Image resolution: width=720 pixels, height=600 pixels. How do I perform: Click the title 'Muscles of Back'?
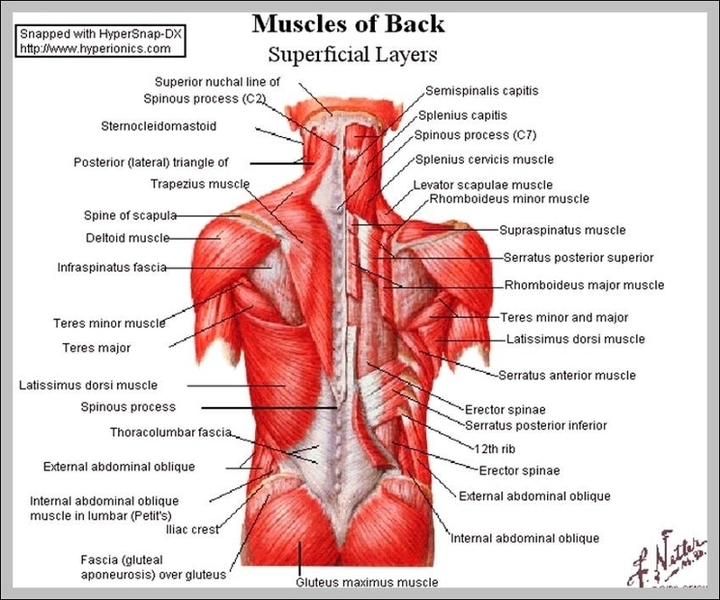point(348,23)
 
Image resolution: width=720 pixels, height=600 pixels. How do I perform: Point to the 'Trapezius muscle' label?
point(199,184)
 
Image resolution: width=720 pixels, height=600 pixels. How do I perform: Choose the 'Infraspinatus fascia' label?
point(111,268)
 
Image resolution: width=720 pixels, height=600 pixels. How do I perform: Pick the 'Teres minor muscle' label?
point(108,323)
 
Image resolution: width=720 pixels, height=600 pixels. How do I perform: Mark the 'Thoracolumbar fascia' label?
point(171,432)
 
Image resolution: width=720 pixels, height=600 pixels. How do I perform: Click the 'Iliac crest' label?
point(191,530)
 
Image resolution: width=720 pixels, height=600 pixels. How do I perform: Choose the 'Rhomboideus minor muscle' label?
point(509,198)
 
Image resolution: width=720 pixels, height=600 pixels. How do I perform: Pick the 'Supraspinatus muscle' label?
point(562,231)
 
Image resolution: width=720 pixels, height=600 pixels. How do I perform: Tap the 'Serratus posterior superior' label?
point(579,258)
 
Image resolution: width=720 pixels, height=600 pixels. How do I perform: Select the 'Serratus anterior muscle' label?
point(567,376)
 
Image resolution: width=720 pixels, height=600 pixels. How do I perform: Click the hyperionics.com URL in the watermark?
point(94,48)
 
